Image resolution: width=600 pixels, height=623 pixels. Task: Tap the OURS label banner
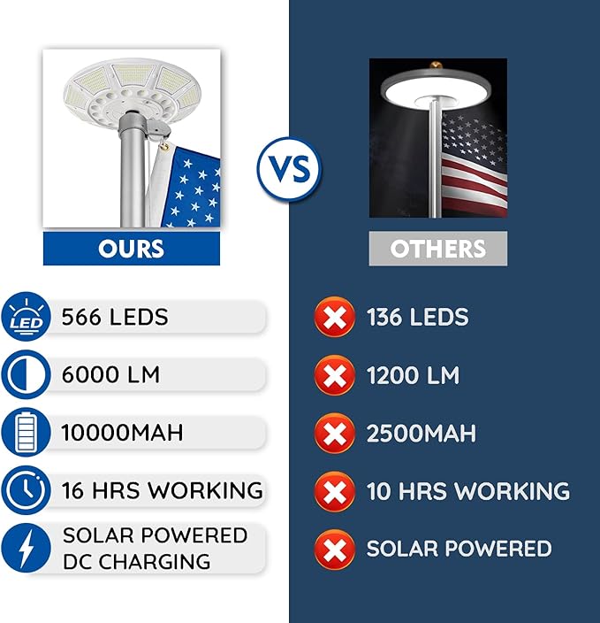coord(132,248)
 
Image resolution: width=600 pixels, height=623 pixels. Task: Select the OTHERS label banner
coord(437,249)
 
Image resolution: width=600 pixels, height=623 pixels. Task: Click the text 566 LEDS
coord(115,318)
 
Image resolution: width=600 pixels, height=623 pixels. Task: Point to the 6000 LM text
coord(110,374)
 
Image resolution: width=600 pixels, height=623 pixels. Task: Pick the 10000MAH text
coord(122,433)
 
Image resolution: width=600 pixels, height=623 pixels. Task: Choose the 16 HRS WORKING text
coord(162,489)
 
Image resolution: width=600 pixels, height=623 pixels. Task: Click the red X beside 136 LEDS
coord(334,318)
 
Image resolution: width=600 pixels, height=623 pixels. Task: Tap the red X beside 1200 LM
coord(334,375)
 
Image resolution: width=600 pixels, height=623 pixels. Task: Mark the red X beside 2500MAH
coord(334,434)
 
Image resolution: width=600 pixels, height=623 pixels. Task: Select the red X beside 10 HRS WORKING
coord(334,491)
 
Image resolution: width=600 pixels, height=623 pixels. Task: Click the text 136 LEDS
coord(417,318)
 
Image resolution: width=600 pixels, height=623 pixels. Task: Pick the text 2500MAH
coord(421,434)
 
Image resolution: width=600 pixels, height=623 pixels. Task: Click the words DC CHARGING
coord(136,561)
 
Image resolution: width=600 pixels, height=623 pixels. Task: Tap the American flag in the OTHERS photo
coord(473,164)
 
